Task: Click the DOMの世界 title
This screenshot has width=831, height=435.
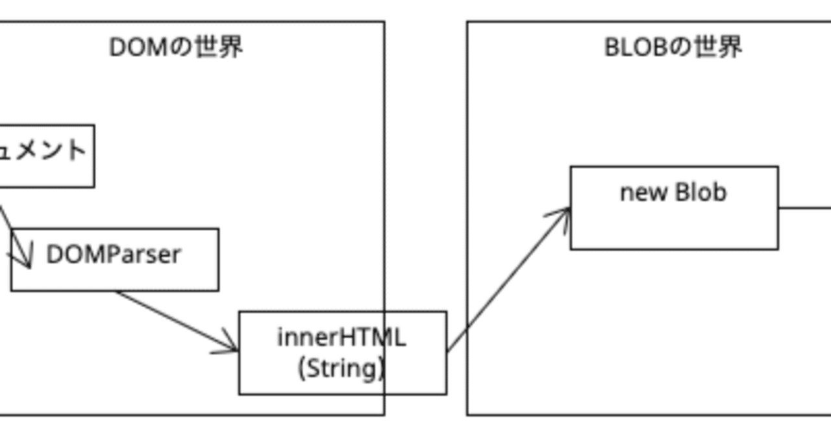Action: pyautogui.click(x=176, y=47)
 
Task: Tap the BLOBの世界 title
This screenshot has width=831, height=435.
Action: pyautogui.click(x=673, y=47)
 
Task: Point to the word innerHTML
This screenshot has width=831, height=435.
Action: pyautogui.click(x=341, y=338)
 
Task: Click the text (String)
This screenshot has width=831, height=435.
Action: pyautogui.click(x=341, y=368)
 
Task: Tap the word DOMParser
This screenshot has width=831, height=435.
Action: pyautogui.click(x=113, y=255)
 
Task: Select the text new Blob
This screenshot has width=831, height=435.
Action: pyautogui.click(x=673, y=192)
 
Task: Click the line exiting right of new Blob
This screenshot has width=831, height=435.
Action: pyautogui.click(x=805, y=208)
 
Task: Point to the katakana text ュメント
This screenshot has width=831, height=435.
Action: pyautogui.click(x=43, y=150)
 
